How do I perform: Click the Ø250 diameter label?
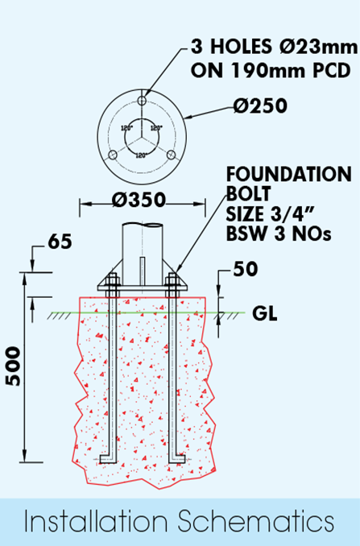[260, 105]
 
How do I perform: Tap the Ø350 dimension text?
[139, 200]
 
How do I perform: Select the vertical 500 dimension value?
[13, 366]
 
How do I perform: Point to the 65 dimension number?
[60, 242]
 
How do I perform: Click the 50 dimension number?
[246, 269]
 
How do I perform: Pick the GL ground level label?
[265, 314]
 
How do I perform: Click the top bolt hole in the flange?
[142, 101]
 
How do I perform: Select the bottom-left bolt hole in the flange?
[113, 155]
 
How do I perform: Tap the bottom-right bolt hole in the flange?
[171, 155]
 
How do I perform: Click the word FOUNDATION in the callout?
[289, 174]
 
